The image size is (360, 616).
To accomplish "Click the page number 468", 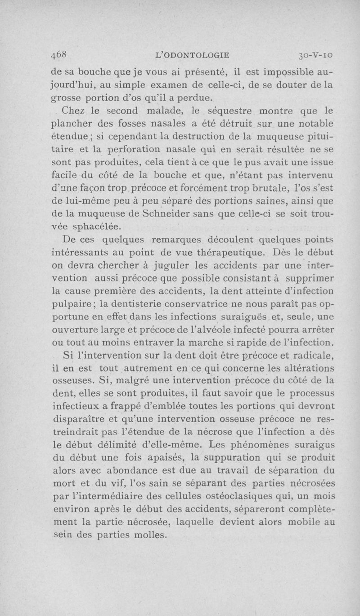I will tap(59, 55).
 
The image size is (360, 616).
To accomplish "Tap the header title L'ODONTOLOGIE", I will tap(192, 55).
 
